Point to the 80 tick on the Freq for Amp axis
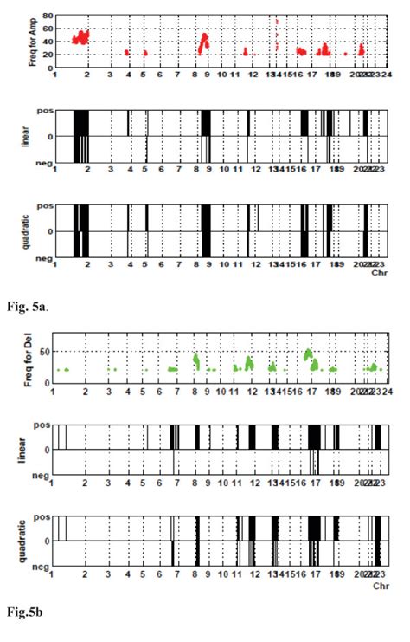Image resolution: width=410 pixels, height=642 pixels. (49, 16)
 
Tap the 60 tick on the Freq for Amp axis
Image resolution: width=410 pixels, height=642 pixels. (49, 29)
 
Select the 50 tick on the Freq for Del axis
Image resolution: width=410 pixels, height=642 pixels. (48, 351)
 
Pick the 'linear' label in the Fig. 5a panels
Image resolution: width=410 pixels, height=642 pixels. (27, 136)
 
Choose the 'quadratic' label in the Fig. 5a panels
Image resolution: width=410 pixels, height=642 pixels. (27, 230)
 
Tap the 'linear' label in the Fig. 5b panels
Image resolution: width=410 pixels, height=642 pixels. (27, 450)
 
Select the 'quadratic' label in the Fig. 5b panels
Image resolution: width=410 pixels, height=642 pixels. (27, 541)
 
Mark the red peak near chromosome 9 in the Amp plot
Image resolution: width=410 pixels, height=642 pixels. (205, 38)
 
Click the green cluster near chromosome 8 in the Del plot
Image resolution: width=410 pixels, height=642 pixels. (197, 359)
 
